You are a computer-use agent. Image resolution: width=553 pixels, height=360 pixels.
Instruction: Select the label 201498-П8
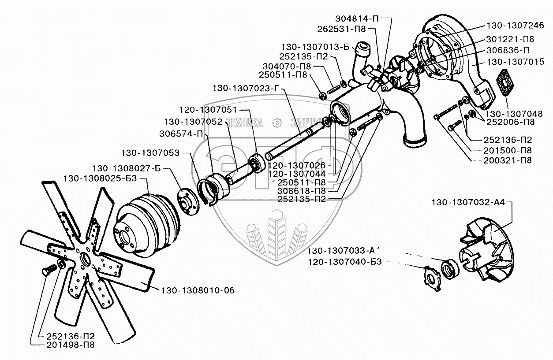pos(70,345)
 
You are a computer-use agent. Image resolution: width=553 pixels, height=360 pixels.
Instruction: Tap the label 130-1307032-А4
pos(469,203)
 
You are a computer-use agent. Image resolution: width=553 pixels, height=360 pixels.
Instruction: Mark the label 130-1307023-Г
pos(246,88)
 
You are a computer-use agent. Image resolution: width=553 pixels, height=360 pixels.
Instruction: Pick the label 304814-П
pos(356,19)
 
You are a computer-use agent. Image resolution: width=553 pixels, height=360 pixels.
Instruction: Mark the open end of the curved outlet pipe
pos(415,141)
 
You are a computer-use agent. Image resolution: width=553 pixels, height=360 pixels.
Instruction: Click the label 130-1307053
pos(151,153)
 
